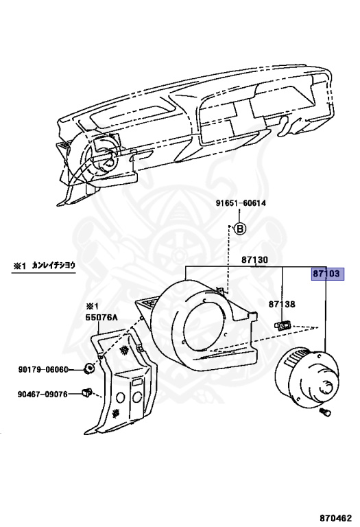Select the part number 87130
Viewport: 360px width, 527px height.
(x=254, y=260)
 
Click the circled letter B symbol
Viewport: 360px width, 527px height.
(x=240, y=229)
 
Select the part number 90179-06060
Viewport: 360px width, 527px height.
(x=43, y=369)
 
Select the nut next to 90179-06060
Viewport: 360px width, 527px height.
(x=88, y=369)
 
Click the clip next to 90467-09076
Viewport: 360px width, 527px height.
(x=87, y=393)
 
